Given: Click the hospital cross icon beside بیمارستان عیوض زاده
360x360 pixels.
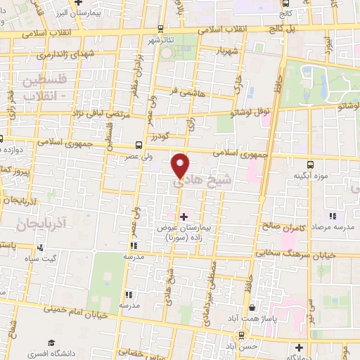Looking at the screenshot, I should click(184, 216).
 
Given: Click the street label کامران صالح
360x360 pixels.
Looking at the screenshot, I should click(299, 229).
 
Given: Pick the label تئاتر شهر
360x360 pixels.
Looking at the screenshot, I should click(161, 40).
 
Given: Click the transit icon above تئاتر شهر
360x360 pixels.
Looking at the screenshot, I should click(161, 29).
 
